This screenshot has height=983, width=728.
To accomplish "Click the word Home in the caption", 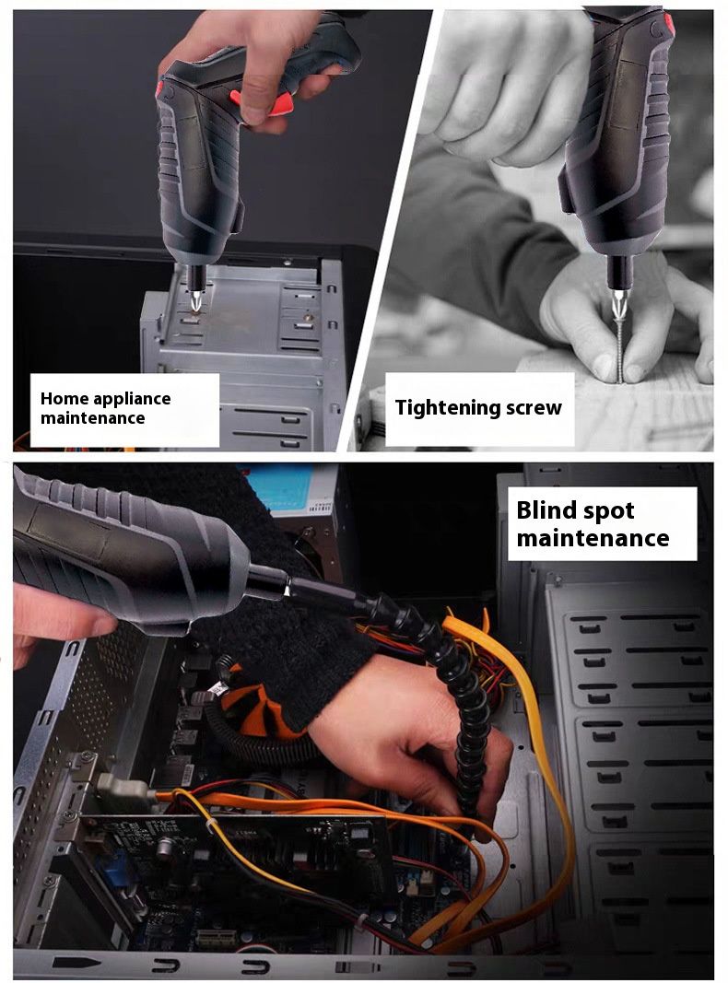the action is click(x=62, y=399).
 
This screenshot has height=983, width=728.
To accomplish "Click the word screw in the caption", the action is click(x=534, y=408).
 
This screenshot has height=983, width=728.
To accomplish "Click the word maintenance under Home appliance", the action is click(x=93, y=418).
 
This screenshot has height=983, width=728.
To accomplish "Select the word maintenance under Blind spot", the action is click(x=593, y=539).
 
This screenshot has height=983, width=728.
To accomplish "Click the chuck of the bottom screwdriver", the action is click(x=267, y=580).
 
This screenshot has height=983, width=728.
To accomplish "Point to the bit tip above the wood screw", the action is click(x=617, y=307).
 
